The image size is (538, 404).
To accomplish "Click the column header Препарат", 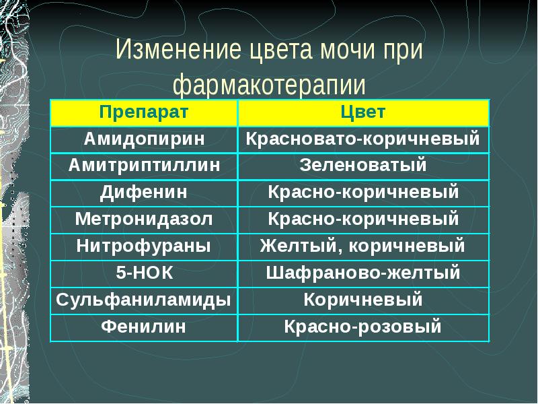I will click(x=144, y=112).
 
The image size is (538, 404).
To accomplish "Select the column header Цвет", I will click(x=363, y=112).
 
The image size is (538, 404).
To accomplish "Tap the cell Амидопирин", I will click(x=144, y=139).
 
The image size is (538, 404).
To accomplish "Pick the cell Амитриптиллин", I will click(x=144, y=166).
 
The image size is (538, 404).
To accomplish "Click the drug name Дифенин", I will click(x=144, y=193).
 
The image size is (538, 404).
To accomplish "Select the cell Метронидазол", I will click(x=144, y=220).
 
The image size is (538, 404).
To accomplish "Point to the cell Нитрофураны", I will click(x=144, y=246).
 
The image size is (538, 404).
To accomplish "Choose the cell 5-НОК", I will click(x=144, y=273).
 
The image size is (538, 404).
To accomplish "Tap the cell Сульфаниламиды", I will click(x=144, y=300).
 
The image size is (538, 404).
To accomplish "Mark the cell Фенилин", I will click(x=144, y=327).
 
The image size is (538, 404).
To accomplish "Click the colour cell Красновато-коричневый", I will click(x=363, y=139).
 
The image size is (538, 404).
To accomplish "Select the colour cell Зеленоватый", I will click(x=363, y=166).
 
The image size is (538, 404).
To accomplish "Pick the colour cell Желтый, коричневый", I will click(x=363, y=246).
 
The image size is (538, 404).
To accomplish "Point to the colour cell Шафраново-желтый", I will click(x=363, y=273).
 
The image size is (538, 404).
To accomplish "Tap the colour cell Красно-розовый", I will click(x=363, y=327).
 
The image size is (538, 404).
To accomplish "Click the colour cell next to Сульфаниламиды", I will click(x=363, y=300).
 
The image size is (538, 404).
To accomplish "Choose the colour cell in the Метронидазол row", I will click(x=363, y=220).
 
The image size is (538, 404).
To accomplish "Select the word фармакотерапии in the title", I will click(x=269, y=86).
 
